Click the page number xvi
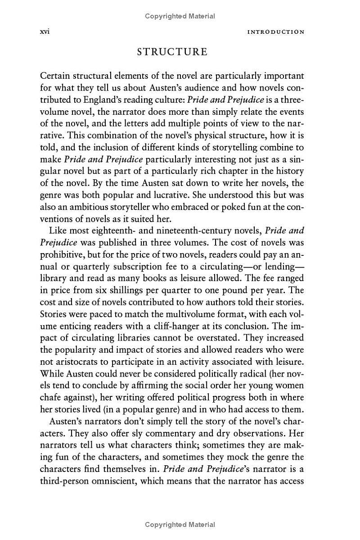coord(45,32)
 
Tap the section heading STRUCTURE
coord(172,52)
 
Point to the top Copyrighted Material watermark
coord(180,16)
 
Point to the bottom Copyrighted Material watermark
coord(180,525)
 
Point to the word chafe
coord(50,398)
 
